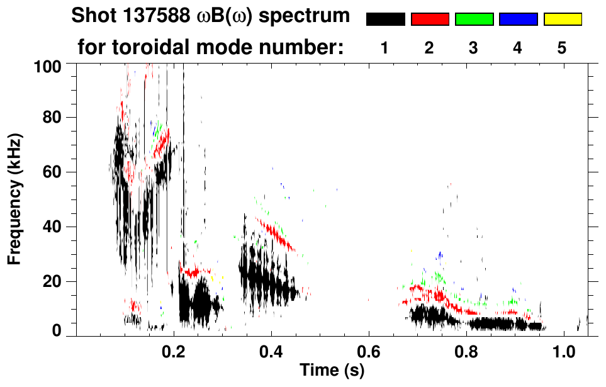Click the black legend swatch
coord(386,20)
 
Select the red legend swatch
coord(430,20)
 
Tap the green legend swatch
coord(474,20)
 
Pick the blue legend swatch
coord(518,20)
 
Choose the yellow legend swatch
coord(563,20)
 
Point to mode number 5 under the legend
coord(562,48)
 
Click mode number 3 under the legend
coord(473,48)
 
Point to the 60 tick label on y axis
coord(53,172)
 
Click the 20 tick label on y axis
coord(53,281)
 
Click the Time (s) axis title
coord(332,370)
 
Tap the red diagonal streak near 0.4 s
coord(277,234)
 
